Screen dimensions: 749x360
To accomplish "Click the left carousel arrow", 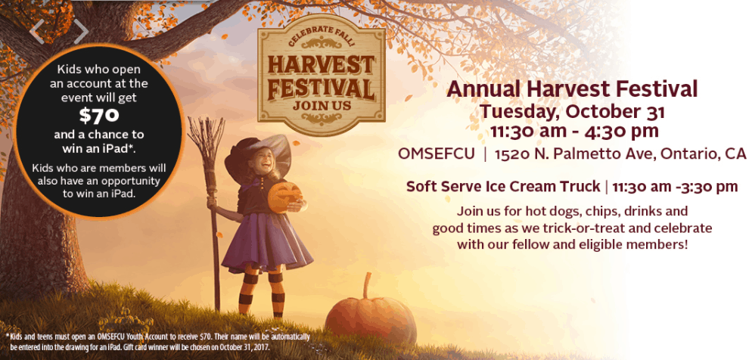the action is point(37,32).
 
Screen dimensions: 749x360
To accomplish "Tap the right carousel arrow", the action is point(81,32).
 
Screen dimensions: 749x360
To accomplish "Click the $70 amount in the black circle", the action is point(99,116).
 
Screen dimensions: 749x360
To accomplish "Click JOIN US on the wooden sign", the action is point(322,106).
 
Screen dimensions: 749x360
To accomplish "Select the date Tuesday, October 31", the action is point(572,112).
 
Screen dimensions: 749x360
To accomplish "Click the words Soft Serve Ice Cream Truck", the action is point(503,187).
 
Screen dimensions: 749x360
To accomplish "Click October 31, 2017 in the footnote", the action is point(247,348).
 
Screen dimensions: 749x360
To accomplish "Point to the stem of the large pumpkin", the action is point(367,286).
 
